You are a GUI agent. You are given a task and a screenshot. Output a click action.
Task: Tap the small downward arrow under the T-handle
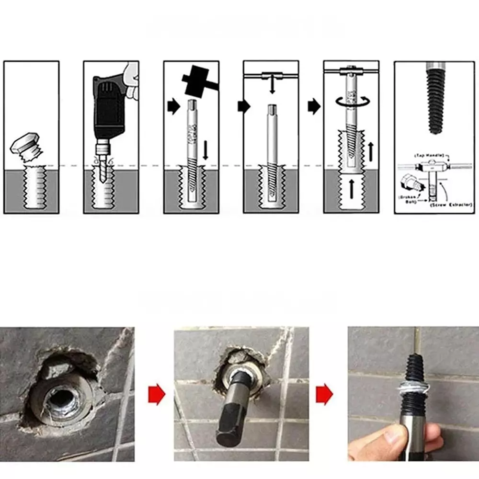pyautogui.click(x=272, y=87)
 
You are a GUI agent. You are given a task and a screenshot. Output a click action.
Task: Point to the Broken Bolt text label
pyautogui.click(x=409, y=198)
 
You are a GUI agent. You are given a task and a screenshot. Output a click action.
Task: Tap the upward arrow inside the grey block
pyautogui.click(x=351, y=189)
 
